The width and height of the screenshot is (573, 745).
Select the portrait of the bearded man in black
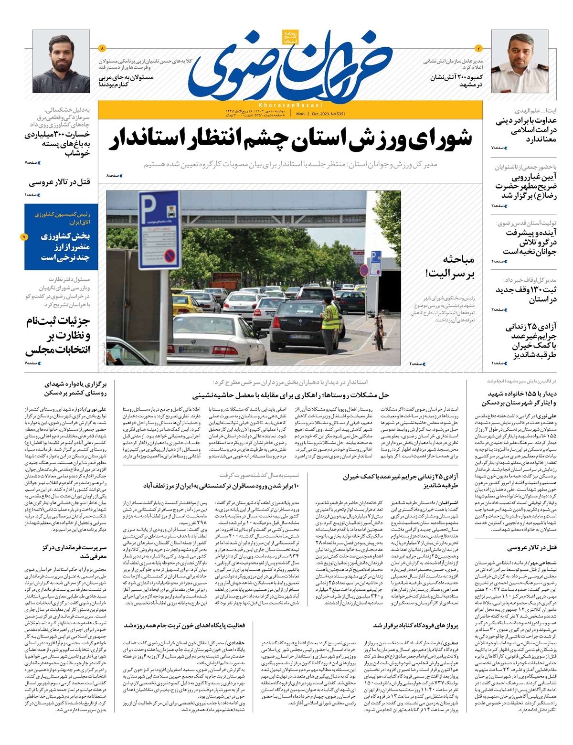pyautogui.click(x=61, y=61)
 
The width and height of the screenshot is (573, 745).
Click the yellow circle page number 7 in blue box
pyautogui.click(x=24, y=237)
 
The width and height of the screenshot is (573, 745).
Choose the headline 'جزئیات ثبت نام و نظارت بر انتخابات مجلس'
pyautogui.click(x=58, y=335)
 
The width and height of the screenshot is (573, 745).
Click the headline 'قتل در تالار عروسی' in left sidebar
pyautogui.click(x=59, y=182)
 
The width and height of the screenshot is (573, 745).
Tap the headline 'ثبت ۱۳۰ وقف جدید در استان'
pyautogui.click(x=526, y=295)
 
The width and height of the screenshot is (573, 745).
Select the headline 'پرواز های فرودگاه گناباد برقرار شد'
pyautogui.click(x=415, y=626)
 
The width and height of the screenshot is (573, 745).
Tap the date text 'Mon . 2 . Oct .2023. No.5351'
pyautogui.click(x=320, y=114)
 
